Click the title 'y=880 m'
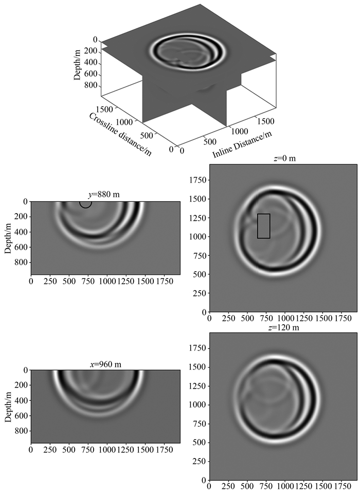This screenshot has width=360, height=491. pyautogui.click(x=103, y=195)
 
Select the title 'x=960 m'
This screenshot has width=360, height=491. pyautogui.click(x=105, y=364)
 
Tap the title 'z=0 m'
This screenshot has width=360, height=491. pyautogui.click(x=284, y=158)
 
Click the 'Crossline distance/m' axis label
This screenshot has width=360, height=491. pyautogui.click(x=120, y=134)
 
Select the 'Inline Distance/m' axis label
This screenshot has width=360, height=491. pyautogui.click(x=242, y=145)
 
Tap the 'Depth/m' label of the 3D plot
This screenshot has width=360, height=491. pyautogui.click(x=77, y=64)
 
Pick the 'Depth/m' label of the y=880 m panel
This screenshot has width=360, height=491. pyautogui.click(x=8, y=238)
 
